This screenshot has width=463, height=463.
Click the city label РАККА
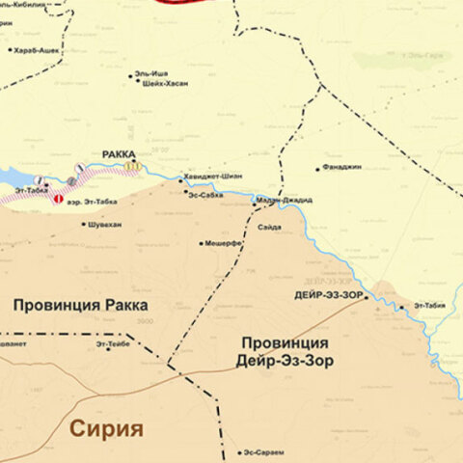pos(119,153)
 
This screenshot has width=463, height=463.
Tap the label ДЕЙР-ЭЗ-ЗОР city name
pos(327,296)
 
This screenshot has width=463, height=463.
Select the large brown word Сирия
pos(105,428)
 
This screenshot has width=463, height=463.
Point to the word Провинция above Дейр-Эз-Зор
pos(285,342)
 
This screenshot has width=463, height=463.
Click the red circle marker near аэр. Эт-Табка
pos(58,199)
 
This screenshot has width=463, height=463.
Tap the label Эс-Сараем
pos(263,452)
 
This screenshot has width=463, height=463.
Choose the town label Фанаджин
pos(342,168)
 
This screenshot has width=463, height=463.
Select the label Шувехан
pos(104,224)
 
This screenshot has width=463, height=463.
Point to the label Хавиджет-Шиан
pos(218,176)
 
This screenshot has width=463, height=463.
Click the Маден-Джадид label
pos(285,200)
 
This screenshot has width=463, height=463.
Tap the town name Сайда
pos(270,226)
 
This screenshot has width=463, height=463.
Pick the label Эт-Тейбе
pos(113,342)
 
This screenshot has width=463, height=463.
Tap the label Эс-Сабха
pos(205,194)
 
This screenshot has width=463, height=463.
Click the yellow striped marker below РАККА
pos(131,165)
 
